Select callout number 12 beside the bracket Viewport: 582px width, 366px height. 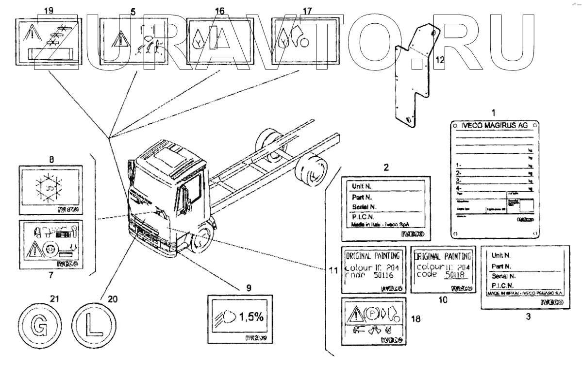(440, 59)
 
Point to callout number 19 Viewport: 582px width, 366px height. (49, 10)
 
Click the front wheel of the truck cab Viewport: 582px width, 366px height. (204, 238)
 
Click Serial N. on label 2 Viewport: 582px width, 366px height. (362, 207)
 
